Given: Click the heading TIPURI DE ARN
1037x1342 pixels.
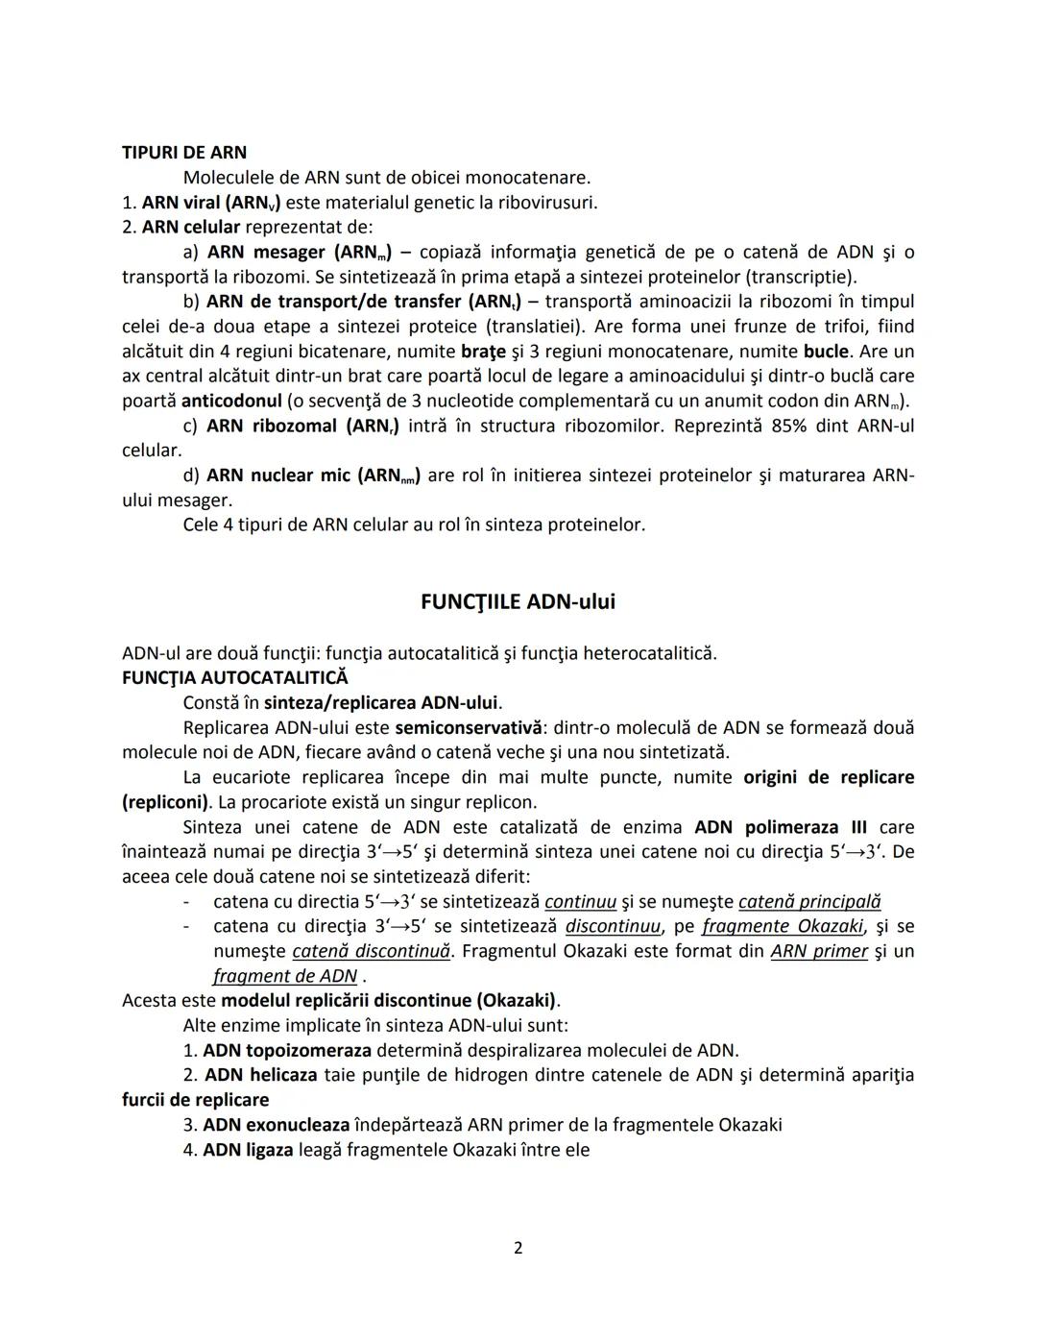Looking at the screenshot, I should pyautogui.click(x=183, y=153).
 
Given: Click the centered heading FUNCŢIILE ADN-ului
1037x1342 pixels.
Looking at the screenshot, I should pyautogui.click(x=518, y=602).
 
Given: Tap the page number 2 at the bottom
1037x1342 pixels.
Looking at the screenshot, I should pyautogui.click(x=518, y=1248).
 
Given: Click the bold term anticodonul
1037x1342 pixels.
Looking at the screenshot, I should pyautogui.click(x=230, y=402).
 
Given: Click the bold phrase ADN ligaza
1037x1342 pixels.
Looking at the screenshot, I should pyautogui.click(x=248, y=1151).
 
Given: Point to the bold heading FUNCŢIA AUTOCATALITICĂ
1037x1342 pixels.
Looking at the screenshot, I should pyautogui.click(x=235, y=678).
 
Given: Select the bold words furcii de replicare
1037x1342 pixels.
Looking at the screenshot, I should pyautogui.click(x=195, y=1101).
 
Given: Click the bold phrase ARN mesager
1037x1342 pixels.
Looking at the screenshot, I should pyautogui.click(x=266, y=253).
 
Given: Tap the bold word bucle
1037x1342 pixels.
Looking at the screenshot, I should pyautogui.click(x=826, y=352).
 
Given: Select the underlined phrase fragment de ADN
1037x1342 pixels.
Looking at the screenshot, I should pyautogui.click(x=285, y=977).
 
